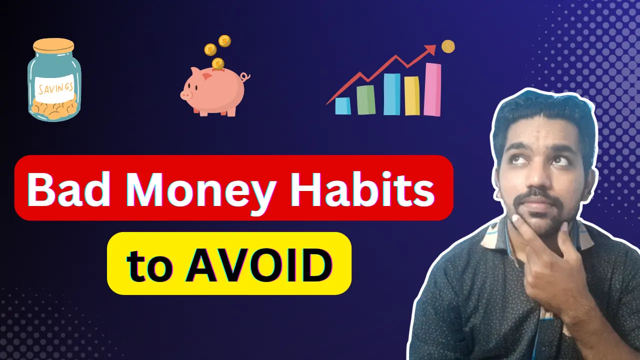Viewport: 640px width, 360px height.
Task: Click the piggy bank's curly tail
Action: click(244, 77)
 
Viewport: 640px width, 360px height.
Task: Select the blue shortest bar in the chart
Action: click(342, 105)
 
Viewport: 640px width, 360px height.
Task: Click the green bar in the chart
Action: click(366, 99)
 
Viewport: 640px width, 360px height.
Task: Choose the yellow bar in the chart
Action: click(411, 95)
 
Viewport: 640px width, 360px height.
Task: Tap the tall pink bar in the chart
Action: click(432, 89)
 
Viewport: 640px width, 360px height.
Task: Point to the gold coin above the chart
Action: click(448, 47)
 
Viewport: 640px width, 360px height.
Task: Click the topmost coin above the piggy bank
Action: click(224, 41)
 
